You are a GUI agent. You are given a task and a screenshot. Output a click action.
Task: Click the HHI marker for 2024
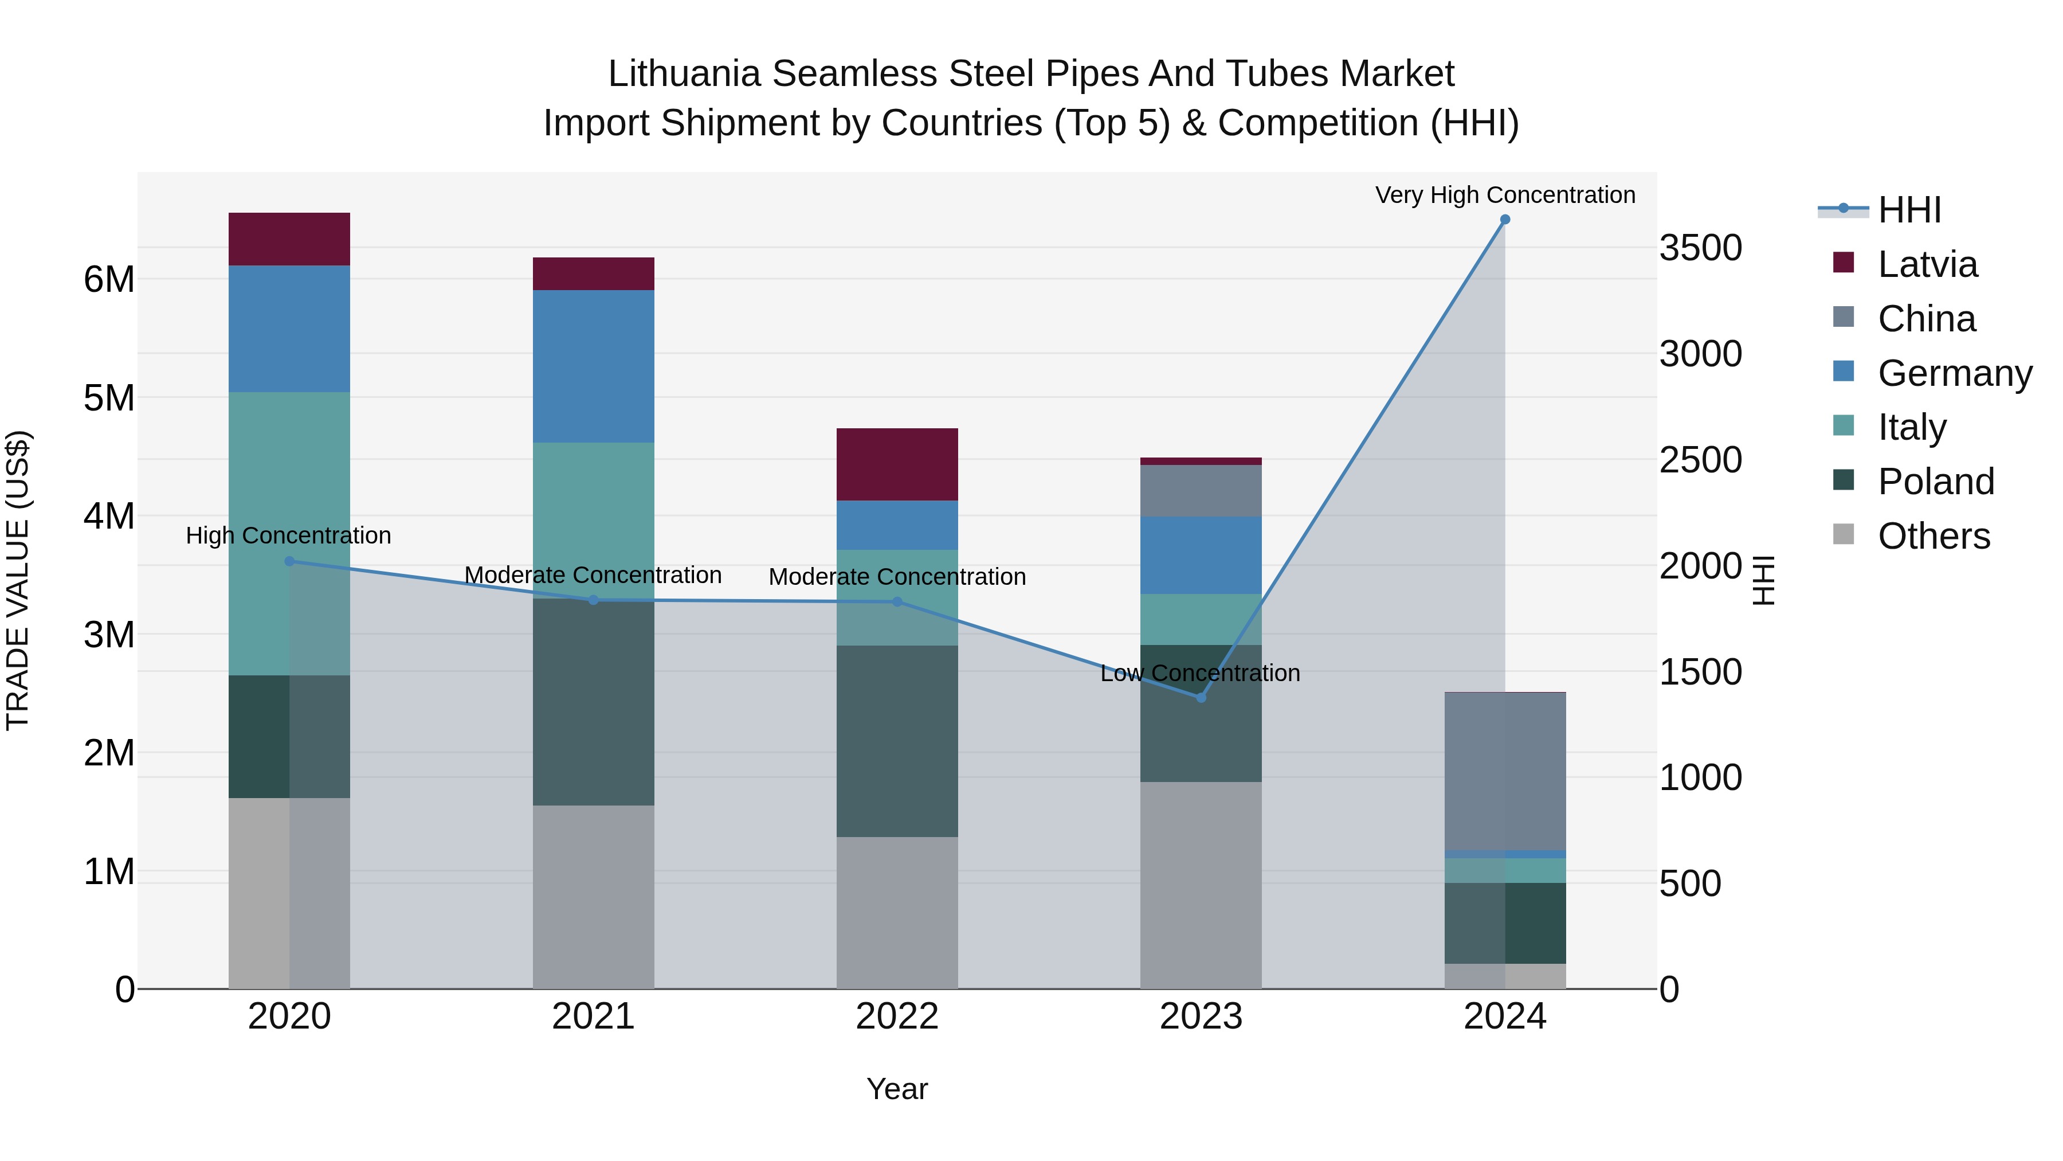[1505, 220]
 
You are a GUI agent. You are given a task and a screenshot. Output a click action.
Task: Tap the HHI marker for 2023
[1201, 698]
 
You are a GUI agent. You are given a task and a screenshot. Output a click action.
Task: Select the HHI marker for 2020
[289, 561]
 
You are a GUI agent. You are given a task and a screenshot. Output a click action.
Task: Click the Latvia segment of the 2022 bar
[897, 465]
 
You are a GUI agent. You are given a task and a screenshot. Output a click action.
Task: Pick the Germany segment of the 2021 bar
[594, 366]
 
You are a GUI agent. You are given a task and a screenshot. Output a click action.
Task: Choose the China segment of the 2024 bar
[1505, 771]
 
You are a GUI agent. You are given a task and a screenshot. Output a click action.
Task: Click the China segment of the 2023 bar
[1201, 490]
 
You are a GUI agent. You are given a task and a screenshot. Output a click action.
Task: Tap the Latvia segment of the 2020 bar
[289, 239]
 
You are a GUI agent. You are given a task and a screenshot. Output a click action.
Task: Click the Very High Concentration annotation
[1505, 195]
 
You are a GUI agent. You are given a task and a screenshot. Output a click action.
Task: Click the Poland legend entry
[1936, 482]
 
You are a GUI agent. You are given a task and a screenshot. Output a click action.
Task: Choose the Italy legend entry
[1912, 427]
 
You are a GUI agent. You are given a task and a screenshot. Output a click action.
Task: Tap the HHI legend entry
[1909, 210]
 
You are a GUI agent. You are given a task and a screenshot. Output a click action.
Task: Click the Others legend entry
[1933, 536]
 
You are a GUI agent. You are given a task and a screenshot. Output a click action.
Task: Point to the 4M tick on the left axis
[109, 516]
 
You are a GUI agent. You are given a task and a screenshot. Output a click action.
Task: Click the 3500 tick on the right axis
[1700, 248]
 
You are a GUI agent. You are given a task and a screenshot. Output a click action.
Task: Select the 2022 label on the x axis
[897, 1017]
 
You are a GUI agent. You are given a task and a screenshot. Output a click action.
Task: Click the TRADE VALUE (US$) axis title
[18, 580]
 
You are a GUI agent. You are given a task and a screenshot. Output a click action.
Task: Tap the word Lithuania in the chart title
[683, 74]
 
